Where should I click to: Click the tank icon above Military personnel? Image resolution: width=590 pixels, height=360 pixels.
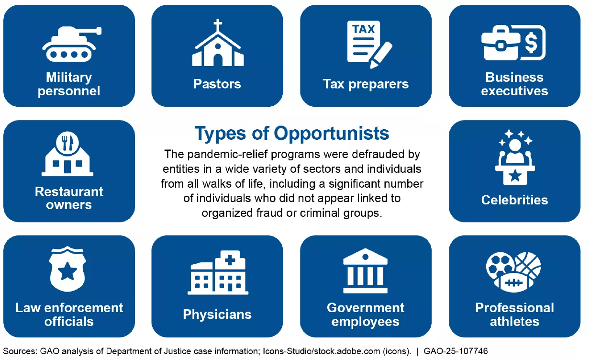pos(72,44)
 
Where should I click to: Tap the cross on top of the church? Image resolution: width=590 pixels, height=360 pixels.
pos(218,25)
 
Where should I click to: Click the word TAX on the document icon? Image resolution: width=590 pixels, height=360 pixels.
pos(364,29)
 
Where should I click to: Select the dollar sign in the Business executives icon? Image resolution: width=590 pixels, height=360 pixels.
pos(531,43)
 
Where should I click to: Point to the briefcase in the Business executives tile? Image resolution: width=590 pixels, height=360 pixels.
pos(501,43)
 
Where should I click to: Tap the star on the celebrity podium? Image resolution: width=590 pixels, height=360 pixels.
pos(515,175)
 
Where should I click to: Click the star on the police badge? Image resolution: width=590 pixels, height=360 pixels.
pos(67,271)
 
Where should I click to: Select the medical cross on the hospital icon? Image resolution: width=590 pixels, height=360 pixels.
pos(230,260)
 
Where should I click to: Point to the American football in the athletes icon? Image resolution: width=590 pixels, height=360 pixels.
pos(513,283)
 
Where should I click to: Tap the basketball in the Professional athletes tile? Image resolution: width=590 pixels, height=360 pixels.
pos(528,264)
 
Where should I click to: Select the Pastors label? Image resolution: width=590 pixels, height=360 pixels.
pos(217,84)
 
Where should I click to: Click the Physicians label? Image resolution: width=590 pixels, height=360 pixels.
pos(217,315)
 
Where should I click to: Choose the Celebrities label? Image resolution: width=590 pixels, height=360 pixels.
pos(515,200)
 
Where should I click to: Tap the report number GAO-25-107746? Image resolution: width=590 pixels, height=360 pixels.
pos(456,351)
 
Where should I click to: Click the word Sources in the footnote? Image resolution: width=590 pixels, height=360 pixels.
pos(20,351)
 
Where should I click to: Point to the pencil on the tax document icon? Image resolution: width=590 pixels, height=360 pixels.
pos(381,55)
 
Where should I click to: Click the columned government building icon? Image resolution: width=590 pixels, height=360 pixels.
pos(365,270)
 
